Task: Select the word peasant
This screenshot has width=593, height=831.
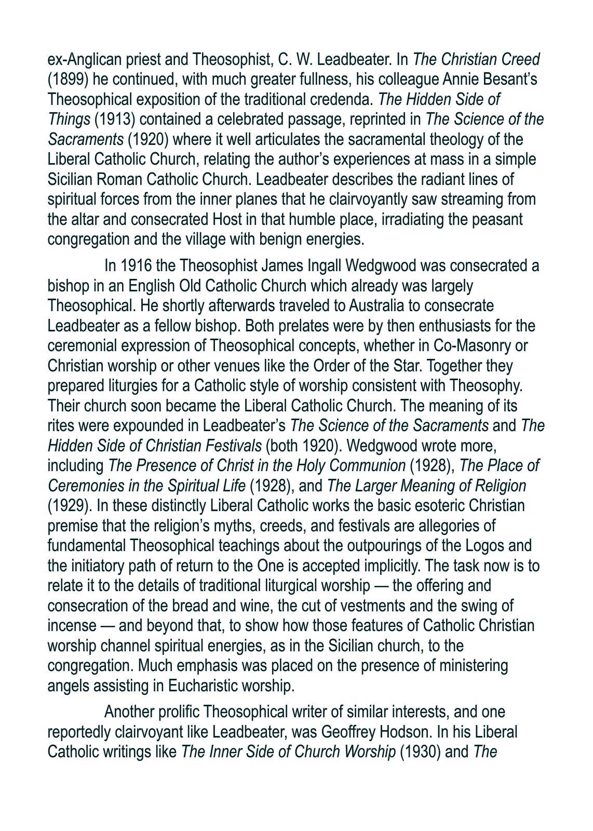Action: click(x=497, y=219)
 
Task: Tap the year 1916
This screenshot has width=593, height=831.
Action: click(x=136, y=266)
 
